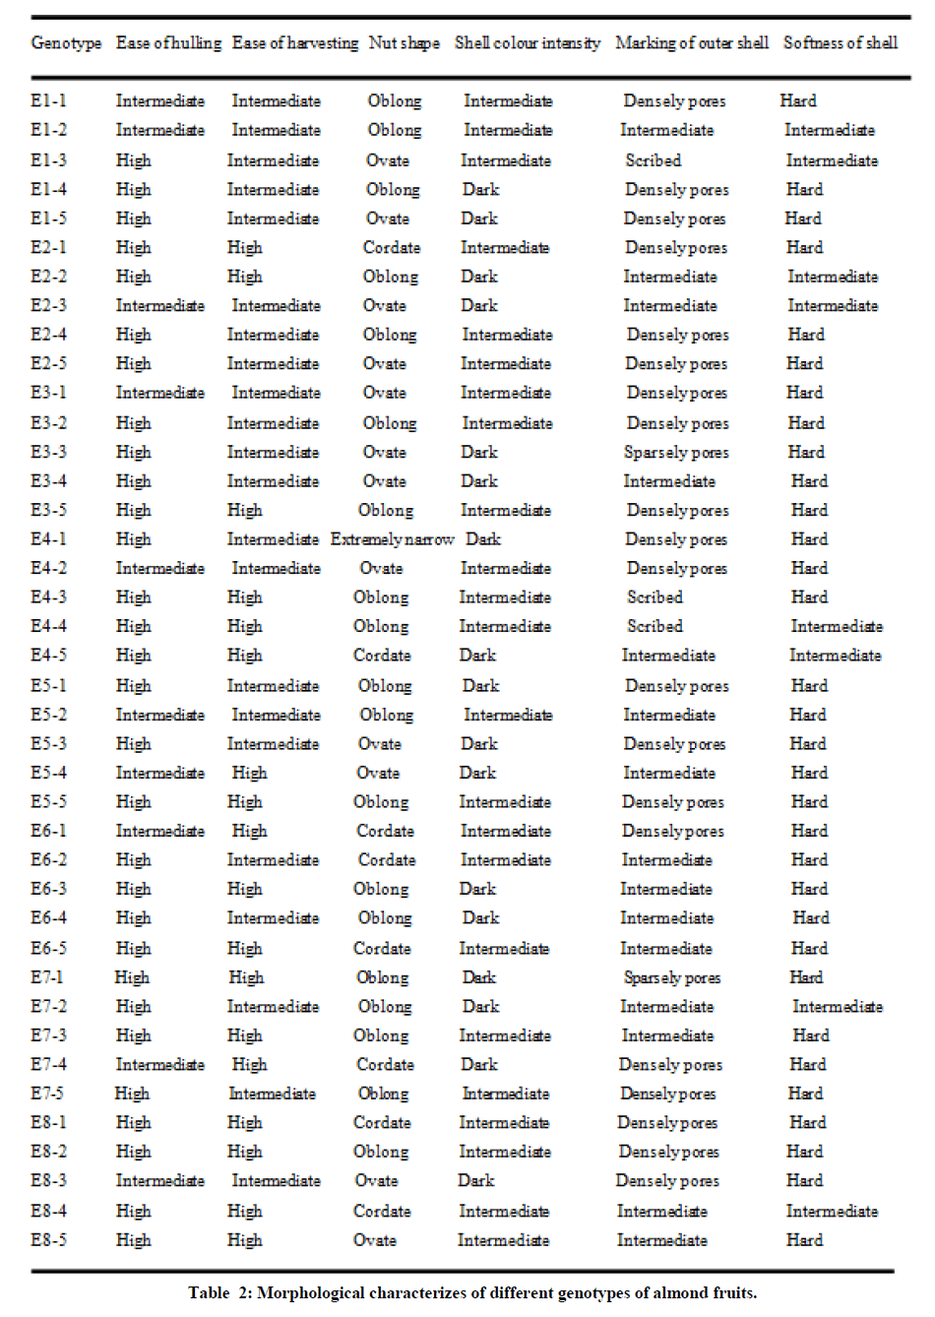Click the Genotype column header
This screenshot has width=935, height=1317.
66,43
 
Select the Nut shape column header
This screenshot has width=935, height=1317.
404,43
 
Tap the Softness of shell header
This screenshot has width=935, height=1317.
840,43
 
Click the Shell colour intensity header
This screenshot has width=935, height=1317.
527,43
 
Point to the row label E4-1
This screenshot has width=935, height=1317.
48,539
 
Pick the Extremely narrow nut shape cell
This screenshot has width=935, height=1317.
392,539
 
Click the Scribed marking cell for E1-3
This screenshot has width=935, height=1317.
653,160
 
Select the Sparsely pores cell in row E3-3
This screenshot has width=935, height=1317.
676,453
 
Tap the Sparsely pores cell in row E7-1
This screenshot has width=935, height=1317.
672,977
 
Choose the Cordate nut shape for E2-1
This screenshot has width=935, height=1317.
391,248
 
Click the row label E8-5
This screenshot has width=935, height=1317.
48,1240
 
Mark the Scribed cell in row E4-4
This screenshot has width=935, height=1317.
654,626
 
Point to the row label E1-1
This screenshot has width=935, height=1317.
48,100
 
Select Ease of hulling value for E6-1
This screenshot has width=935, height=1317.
159,831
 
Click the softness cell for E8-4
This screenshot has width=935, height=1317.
832,1212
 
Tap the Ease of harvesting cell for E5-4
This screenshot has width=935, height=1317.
249,773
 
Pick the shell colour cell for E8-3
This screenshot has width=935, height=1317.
476,1180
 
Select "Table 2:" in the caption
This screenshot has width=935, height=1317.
220,1293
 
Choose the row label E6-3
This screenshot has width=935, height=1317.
48,889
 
